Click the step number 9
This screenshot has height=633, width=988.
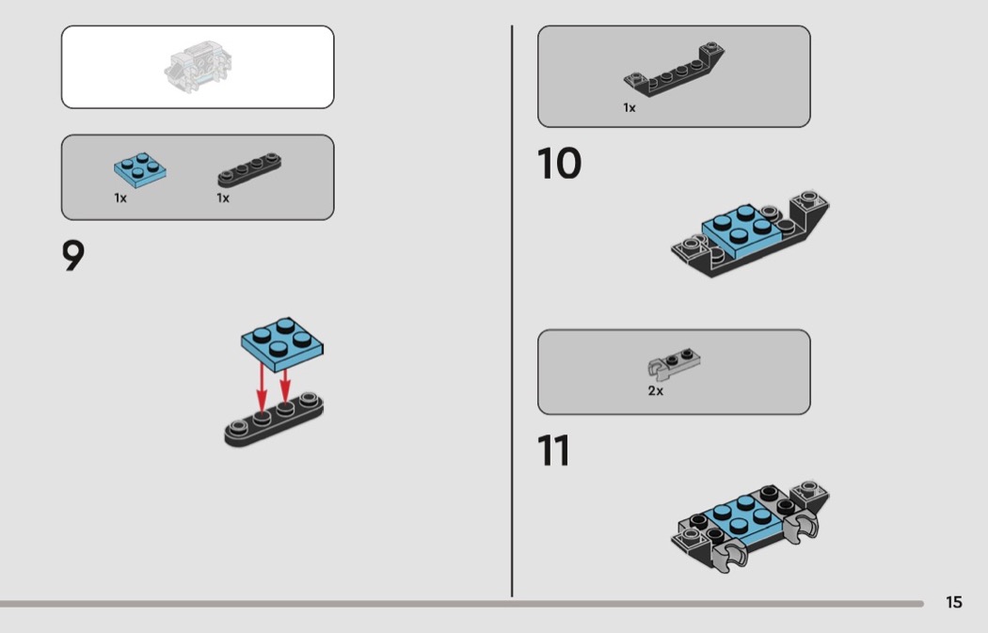(x=73, y=256)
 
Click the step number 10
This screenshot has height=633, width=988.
(x=559, y=164)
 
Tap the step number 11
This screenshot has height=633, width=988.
(x=554, y=451)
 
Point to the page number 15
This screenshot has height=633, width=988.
(x=954, y=602)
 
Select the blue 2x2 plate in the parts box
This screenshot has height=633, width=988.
(x=140, y=169)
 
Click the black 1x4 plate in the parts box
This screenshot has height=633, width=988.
(x=249, y=169)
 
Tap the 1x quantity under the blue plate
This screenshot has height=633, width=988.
(x=120, y=198)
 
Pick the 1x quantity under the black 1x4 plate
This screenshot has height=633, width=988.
(x=223, y=198)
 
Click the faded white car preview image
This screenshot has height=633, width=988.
(x=198, y=67)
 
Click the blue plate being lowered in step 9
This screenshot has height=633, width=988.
(x=281, y=344)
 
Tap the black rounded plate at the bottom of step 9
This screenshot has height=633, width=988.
(x=274, y=420)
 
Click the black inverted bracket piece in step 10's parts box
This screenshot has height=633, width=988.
(x=674, y=70)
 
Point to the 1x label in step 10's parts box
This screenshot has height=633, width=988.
(x=629, y=108)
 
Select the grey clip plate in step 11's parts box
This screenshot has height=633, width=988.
(x=674, y=365)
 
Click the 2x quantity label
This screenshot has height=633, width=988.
(x=655, y=390)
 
